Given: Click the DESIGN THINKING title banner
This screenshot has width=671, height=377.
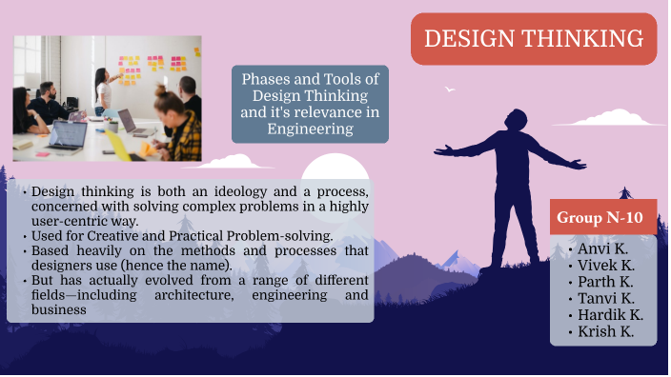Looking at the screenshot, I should [533, 39].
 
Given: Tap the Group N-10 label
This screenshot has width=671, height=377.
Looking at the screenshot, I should [600, 217].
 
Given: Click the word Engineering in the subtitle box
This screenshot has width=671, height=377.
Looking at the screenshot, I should [310, 129].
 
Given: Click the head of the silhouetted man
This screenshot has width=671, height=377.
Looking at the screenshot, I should [514, 122].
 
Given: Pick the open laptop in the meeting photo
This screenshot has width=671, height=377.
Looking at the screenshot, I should [68, 137].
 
